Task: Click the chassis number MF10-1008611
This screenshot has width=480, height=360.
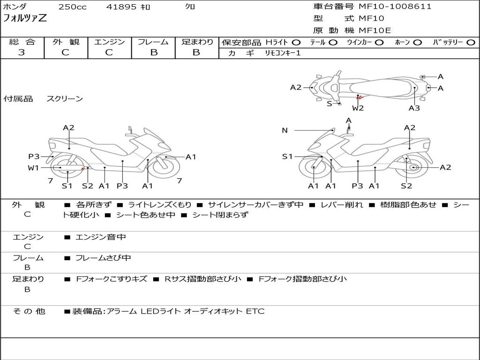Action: (x=395, y=7)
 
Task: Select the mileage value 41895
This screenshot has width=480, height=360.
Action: (x=121, y=7)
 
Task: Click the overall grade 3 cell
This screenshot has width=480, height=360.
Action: (x=22, y=52)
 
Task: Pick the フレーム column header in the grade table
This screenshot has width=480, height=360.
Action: (x=153, y=42)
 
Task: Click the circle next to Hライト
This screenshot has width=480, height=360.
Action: (x=296, y=42)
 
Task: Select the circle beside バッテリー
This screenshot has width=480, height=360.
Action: (x=471, y=42)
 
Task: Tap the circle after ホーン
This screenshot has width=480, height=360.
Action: (x=417, y=42)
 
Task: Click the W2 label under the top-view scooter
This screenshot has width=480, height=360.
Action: (x=358, y=108)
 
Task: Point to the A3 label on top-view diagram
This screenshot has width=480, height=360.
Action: (x=414, y=108)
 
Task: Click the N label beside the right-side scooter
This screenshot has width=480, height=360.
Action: (x=285, y=130)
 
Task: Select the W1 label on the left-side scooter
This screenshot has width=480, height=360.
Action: (x=33, y=168)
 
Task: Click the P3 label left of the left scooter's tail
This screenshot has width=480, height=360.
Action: (x=33, y=157)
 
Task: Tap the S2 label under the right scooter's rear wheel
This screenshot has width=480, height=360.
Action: (x=406, y=186)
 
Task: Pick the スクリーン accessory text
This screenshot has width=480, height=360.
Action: (x=65, y=99)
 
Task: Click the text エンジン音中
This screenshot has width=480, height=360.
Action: (x=101, y=237)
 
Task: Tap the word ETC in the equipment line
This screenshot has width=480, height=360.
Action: (x=255, y=311)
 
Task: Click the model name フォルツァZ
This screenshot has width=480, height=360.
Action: (x=25, y=19)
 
